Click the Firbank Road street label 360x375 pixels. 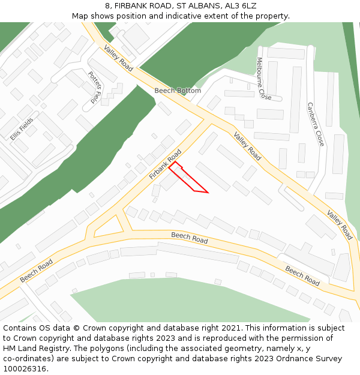164,164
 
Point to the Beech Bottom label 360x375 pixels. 178,91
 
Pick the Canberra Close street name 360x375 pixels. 315,124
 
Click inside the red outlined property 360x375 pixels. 188,180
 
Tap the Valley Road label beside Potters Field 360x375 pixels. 117,58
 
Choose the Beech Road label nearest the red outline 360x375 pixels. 190,238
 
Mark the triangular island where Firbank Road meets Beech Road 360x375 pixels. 108,227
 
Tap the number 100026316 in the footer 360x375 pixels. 24,368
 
